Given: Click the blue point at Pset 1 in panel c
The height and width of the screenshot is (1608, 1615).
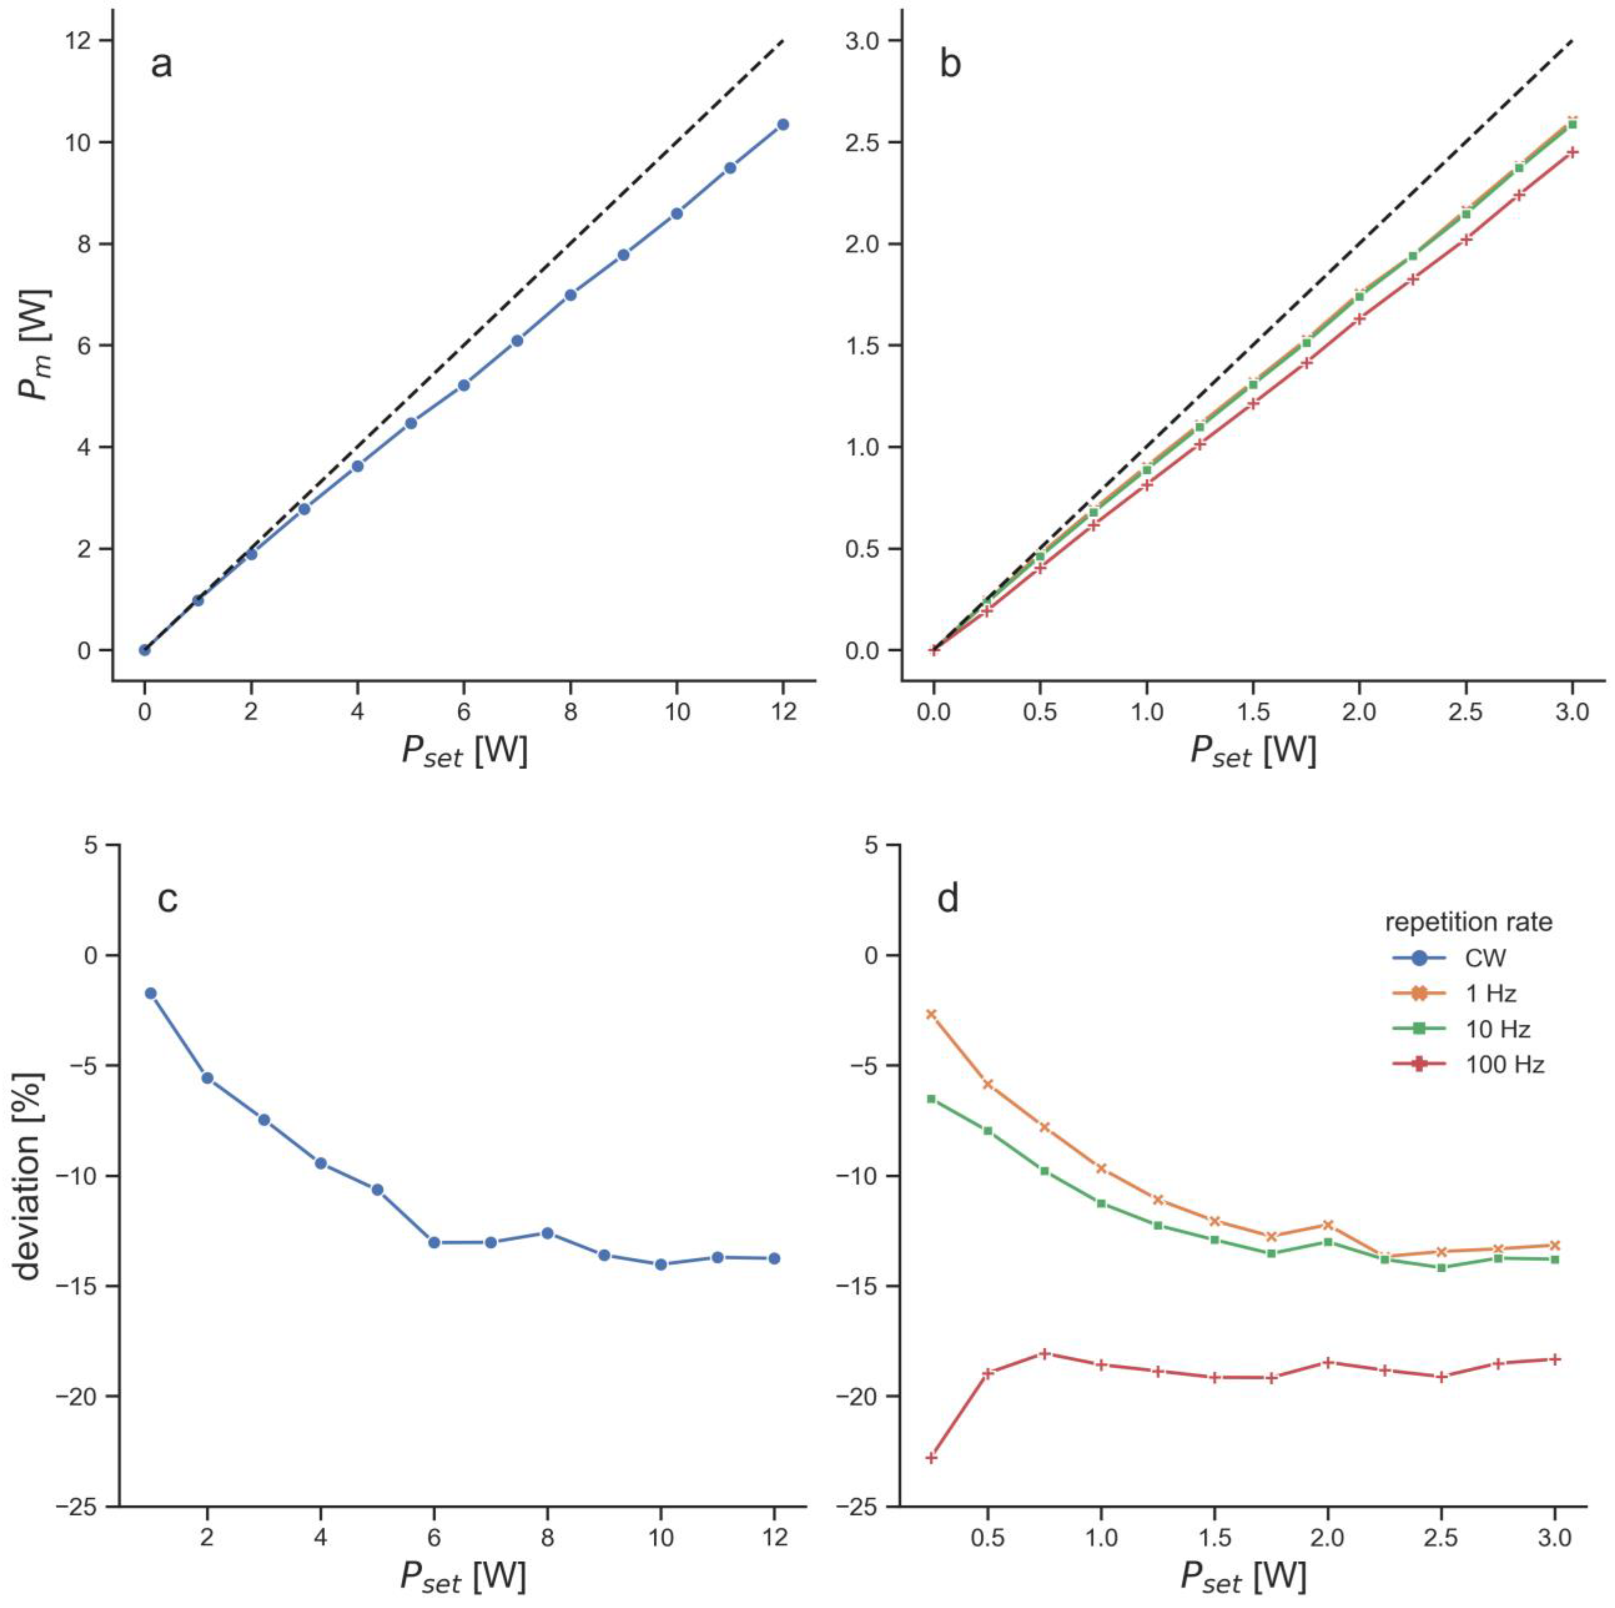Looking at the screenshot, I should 151,993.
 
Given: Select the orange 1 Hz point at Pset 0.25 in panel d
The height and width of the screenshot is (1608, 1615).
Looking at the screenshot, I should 931,1014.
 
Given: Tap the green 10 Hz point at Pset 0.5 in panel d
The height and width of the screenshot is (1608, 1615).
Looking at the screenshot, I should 988,1131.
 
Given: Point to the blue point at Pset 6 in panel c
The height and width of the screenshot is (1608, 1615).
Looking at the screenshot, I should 434,1243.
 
